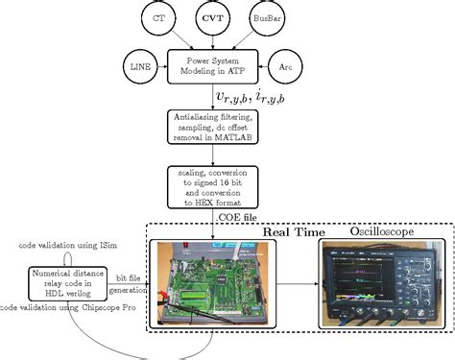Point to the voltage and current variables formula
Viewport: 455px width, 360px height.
(251, 94)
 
